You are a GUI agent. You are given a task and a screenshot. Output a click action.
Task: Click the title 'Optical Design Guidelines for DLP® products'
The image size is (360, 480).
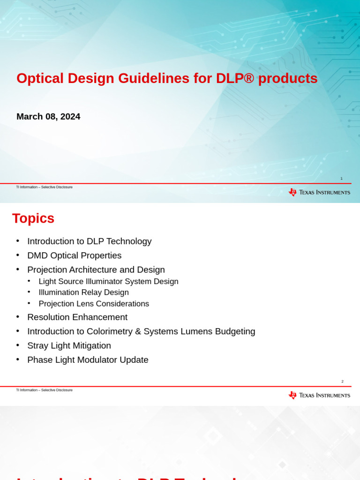point(167,78)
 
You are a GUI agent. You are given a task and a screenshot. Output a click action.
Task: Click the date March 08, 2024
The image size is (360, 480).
point(48,116)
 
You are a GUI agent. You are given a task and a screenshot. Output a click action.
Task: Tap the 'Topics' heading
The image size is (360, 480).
point(33,218)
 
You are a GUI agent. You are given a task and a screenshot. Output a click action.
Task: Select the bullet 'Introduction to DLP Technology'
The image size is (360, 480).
point(89,241)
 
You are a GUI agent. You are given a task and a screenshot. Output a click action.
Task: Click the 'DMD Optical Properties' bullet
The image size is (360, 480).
point(74,255)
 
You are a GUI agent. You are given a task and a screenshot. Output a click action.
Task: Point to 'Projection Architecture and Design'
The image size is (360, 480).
point(96,270)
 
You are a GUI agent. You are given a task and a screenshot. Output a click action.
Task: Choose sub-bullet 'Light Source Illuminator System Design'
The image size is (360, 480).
point(108,282)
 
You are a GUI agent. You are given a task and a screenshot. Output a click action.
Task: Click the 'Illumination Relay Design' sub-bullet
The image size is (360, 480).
point(83,292)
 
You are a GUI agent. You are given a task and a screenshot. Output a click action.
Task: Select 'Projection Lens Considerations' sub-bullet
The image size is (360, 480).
point(94,304)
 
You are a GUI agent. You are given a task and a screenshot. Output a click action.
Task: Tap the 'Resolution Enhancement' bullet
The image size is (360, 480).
point(77,317)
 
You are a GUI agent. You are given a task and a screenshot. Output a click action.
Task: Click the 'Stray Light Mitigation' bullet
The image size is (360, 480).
point(69,345)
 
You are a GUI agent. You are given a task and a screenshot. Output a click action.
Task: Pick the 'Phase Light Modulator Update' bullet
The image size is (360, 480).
point(88,360)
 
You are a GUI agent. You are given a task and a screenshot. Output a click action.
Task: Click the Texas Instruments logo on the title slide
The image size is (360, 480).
point(319,192)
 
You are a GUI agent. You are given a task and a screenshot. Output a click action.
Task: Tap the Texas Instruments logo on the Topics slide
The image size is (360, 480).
point(319,395)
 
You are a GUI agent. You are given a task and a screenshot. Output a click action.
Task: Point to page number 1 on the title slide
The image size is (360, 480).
point(341,179)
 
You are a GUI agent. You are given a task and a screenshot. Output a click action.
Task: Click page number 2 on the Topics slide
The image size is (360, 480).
point(342,382)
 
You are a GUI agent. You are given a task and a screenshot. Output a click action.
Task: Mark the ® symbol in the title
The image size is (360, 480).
point(249,78)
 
